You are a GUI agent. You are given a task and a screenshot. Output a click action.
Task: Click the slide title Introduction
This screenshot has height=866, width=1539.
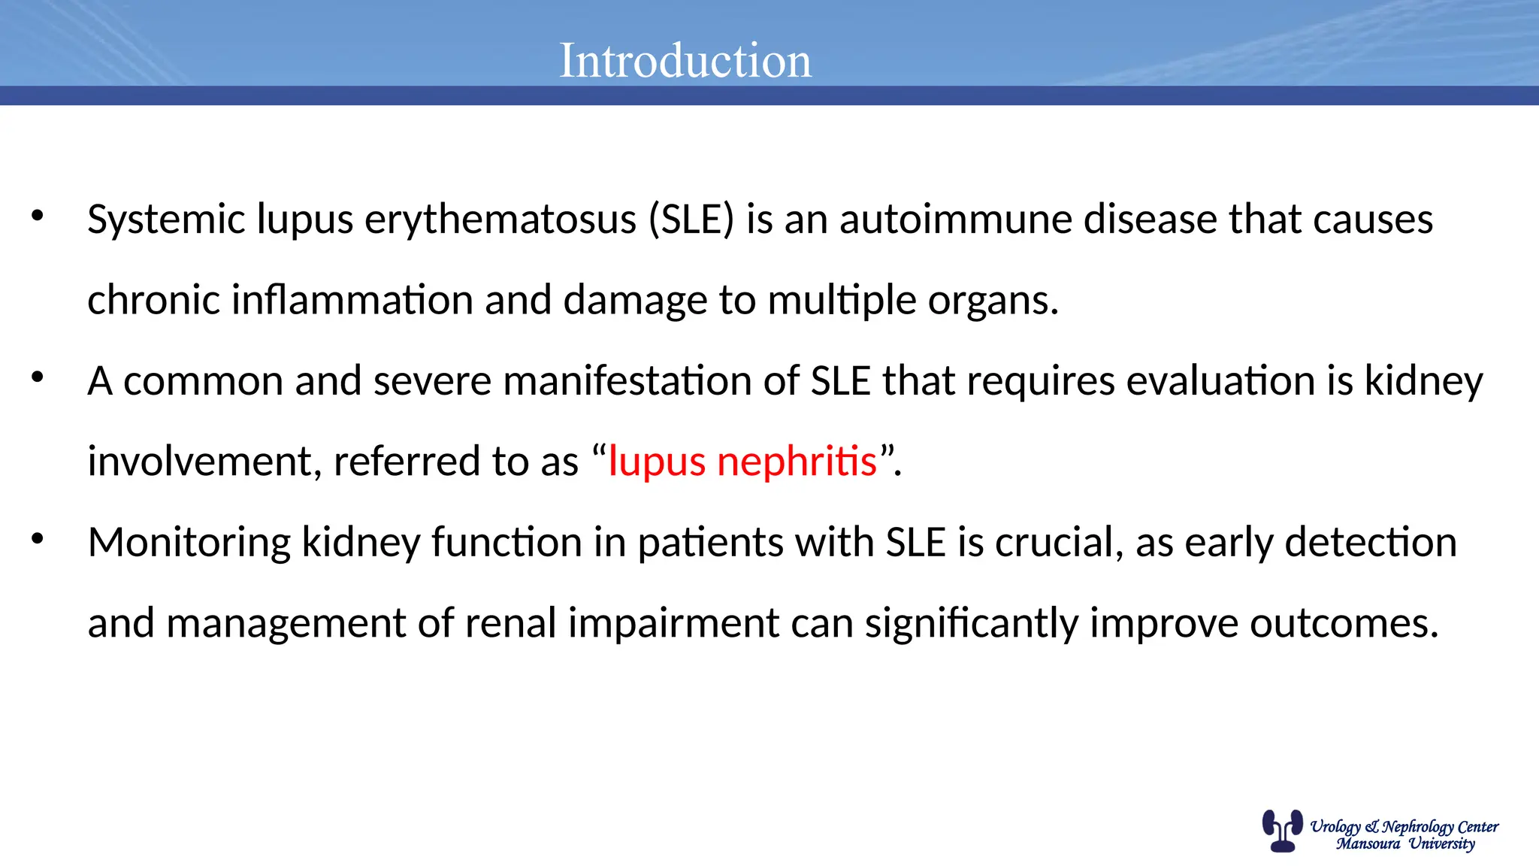pyautogui.click(x=685, y=60)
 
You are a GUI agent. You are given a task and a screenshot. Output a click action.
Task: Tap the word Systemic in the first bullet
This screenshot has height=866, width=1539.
pyautogui.click(x=167, y=220)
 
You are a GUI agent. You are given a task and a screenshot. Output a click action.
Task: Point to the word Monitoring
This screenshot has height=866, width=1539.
pyautogui.click(x=189, y=543)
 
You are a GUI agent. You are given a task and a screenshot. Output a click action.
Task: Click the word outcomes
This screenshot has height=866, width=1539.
pyautogui.click(x=1344, y=623)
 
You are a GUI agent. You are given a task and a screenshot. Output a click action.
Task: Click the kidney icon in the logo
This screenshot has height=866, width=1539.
pyautogui.click(x=1282, y=831)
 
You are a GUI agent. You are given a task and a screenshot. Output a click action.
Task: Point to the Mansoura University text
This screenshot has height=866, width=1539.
pyautogui.click(x=1405, y=843)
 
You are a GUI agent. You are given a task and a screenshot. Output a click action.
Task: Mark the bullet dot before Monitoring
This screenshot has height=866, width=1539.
pyautogui.click(x=38, y=539)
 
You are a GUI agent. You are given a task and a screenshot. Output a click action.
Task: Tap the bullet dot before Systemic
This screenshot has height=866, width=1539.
pyautogui.click(x=38, y=216)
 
